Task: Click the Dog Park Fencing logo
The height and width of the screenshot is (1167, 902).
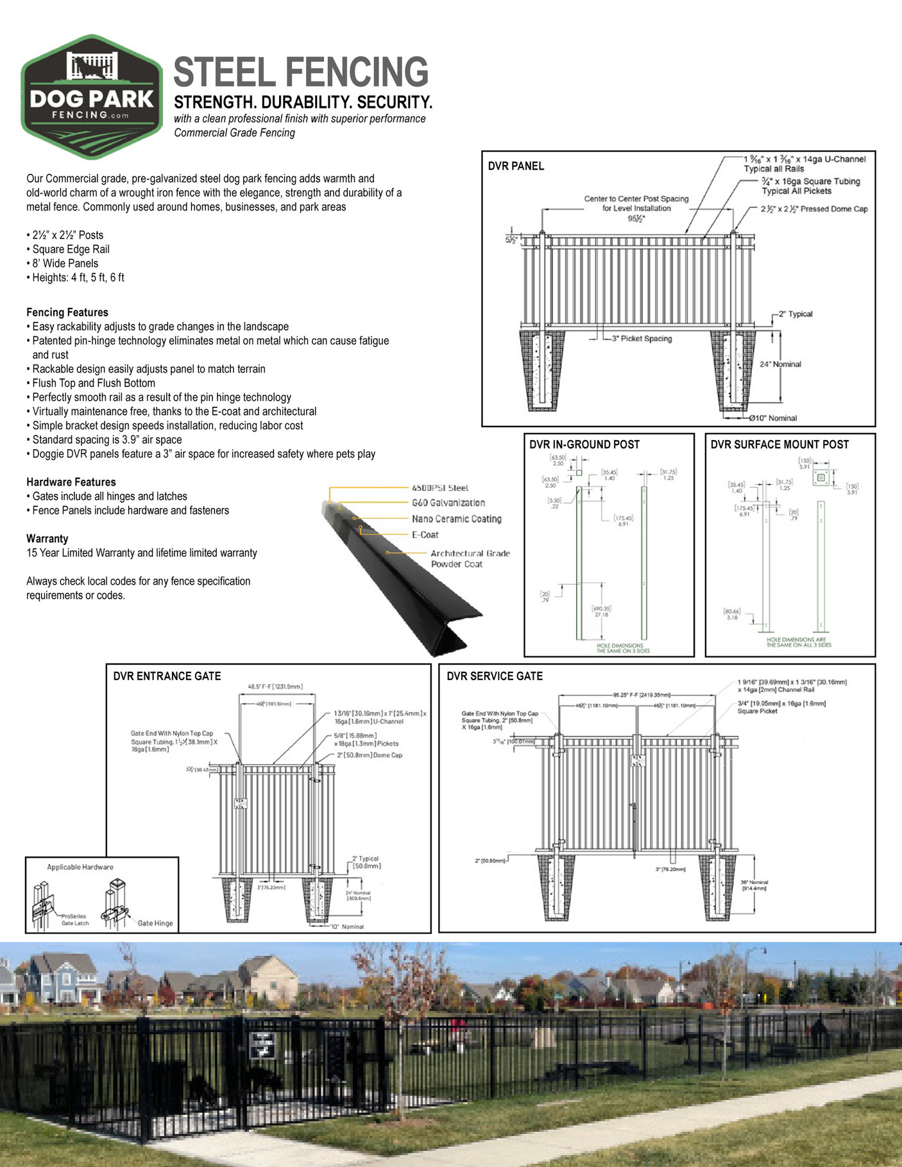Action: click(x=92, y=96)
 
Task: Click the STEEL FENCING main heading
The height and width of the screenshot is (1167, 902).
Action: click(x=301, y=72)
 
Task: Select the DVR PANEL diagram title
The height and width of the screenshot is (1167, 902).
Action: click(x=516, y=166)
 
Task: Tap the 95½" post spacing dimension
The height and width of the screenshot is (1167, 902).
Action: click(x=636, y=218)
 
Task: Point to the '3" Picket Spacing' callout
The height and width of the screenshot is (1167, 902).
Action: click(x=642, y=339)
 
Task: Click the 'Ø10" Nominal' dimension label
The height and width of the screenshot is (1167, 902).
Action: click(x=773, y=418)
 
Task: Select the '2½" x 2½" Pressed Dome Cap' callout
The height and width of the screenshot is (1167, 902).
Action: click(x=814, y=209)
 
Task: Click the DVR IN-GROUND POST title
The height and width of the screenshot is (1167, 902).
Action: click(x=584, y=445)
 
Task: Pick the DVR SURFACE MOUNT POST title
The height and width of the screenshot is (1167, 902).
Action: click(x=779, y=445)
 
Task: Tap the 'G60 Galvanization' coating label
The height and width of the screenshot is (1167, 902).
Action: click(x=448, y=503)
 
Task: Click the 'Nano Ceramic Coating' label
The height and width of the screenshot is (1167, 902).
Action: click(x=456, y=519)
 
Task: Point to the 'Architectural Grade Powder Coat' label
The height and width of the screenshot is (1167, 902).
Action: click(x=470, y=559)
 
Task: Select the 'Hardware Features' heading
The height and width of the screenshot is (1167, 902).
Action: click(x=71, y=482)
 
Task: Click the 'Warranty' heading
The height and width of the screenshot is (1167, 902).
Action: click(x=47, y=539)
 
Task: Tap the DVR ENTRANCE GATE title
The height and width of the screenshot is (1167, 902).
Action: click(x=167, y=676)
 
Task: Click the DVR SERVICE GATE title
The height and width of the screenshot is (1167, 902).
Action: click(x=494, y=676)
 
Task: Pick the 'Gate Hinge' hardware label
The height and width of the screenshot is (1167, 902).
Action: click(x=155, y=923)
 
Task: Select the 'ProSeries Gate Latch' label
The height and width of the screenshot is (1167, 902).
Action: click(x=74, y=919)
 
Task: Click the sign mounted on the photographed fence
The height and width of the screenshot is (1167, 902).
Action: click(x=262, y=1046)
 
